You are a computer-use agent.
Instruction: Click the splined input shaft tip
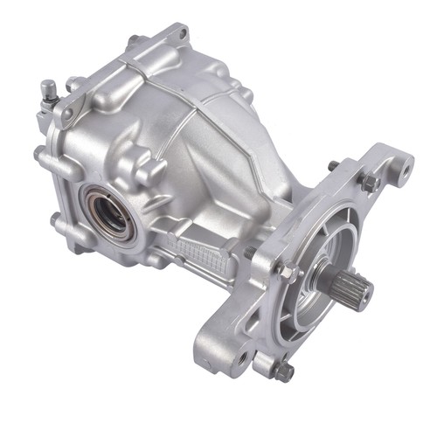coord(356,288)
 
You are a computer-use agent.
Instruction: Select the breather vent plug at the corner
coord(50,89)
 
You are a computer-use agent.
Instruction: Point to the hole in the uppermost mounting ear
coord(183,34)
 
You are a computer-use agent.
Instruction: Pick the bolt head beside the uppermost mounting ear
coord(134,40)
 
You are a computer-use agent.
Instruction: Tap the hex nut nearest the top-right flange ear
coord(369,181)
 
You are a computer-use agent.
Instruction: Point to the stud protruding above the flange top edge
coord(333,165)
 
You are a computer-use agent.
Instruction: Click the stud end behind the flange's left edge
coord(251,253)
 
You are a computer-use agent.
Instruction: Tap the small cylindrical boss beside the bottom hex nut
coord(261,363)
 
